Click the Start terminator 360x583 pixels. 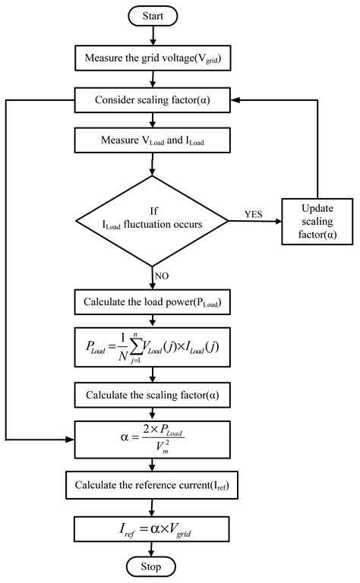(x=155, y=15)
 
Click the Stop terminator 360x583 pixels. (x=155, y=566)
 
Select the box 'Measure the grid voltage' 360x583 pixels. (x=155, y=57)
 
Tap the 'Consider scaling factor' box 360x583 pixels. (x=155, y=99)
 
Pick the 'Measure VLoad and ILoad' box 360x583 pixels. (x=155, y=140)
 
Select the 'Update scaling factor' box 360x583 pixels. (x=317, y=221)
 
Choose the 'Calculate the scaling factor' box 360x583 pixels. (x=155, y=395)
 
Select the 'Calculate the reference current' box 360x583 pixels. (x=155, y=484)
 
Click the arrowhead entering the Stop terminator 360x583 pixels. (x=155, y=552)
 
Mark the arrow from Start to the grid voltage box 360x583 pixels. (x=155, y=34)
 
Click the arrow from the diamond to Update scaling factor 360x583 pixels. (x=255, y=221)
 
